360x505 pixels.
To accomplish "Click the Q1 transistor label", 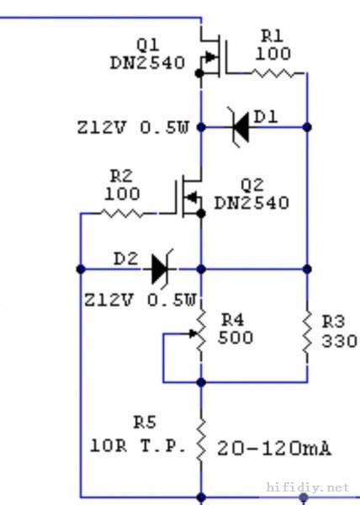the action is [x=148, y=45].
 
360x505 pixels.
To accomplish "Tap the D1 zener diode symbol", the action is [x=241, y=127].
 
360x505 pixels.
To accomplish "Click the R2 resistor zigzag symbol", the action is [x=122, y=213].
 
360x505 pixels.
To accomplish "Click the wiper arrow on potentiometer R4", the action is [x=193, y=334].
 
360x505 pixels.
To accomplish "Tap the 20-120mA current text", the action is [x=274, y=449].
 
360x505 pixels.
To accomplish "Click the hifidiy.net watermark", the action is [x=308, y=487].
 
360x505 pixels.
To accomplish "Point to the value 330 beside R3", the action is [x=339, y=341].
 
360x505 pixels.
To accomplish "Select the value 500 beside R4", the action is [x=236, y=338].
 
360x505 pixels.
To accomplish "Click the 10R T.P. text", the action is [x=138, y=446].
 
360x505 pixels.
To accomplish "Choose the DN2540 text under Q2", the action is [x=251, y=203].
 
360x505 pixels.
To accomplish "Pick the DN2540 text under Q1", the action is [x=147, y=63].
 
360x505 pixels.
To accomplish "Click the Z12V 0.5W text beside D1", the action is [x=133, y=128].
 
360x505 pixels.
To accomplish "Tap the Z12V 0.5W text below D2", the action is [x=140, y=300].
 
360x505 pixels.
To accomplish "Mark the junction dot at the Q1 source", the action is [x=199, y=73].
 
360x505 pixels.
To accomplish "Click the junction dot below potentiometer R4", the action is [x=201, y=382].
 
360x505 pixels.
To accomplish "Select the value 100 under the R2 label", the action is [x=122, y=194].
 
